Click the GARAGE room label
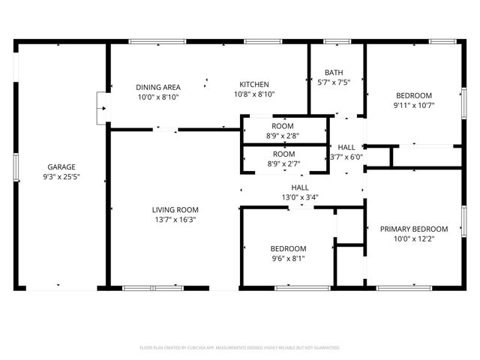(x=61, y=167)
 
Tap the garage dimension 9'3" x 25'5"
(x=61, y=178)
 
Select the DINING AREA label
(x=157, y=86)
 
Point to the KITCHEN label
(x=254, y=84)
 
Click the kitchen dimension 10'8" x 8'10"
(x=254, y=94)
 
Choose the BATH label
(x=334, y=73)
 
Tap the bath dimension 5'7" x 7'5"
(x=334, y=83)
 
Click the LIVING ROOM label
(x=175, y=209)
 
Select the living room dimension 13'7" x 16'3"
(x=175, y=220)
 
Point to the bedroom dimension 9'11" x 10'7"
(x=414, y=105)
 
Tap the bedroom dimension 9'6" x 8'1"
(x=288, y=259)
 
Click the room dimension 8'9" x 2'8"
(x=283, y=136)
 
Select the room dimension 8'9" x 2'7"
(x=283, y=163)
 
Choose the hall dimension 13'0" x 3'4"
(x=300, y=198)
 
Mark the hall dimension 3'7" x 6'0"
(x=346, y=157)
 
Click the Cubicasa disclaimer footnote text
(x=240, y=348)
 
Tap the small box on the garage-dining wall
(x=100, y=109)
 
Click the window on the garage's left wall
(x=16, y=164)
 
